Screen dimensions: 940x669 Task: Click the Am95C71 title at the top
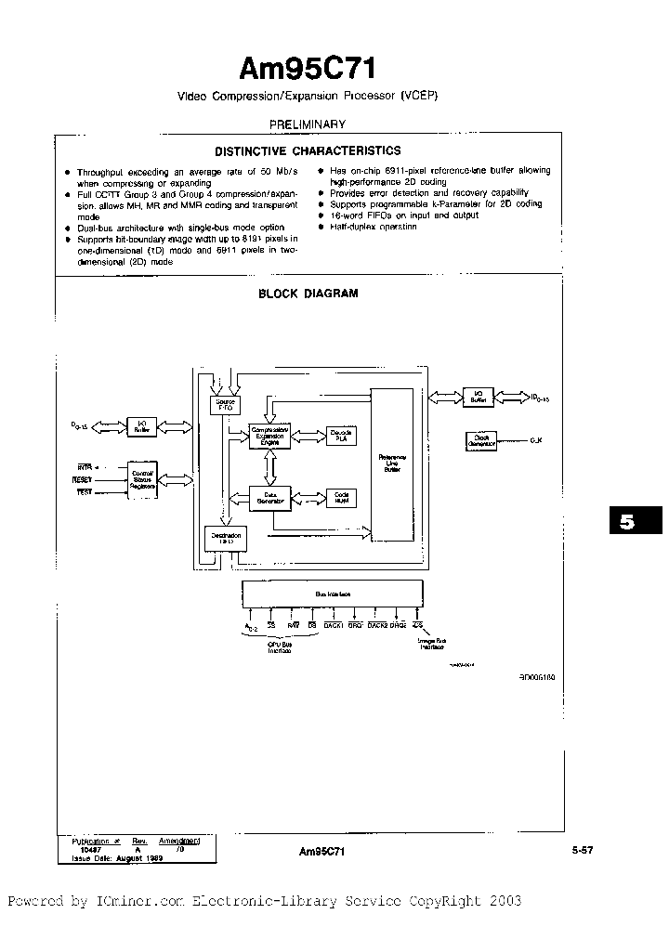(308, 68)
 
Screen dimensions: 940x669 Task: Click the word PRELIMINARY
(308, 124)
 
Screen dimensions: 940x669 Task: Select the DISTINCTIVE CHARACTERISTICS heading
(308, 150)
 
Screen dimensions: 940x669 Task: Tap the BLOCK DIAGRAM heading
(308, 294)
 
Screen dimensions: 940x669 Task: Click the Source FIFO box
(224, 404)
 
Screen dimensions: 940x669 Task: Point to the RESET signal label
(83, 478)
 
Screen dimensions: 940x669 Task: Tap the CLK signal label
(536, 440)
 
